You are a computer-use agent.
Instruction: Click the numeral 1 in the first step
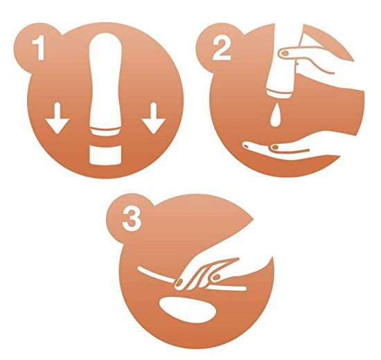tap(39, 48)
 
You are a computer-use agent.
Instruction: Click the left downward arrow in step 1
tap(57, 118)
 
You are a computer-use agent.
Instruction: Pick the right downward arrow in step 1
tap(154, 118)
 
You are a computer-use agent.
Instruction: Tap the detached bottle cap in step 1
tap(105, 156)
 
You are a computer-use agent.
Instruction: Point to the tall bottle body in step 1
tap(105, 80)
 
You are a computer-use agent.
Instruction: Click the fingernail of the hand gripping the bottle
tap(285, 53)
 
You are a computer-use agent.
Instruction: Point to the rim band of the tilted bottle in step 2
tap(280, 96)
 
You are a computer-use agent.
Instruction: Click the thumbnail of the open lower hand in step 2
tap(274, 147)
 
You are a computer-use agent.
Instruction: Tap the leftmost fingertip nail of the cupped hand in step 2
tap(246, 146)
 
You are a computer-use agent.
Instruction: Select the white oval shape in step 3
tap(188, 309)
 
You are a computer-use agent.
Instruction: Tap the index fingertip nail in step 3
tap(179, 282)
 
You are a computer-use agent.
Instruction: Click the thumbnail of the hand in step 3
tap(215, 277)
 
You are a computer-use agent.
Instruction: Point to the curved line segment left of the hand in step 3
tap(155, 275)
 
